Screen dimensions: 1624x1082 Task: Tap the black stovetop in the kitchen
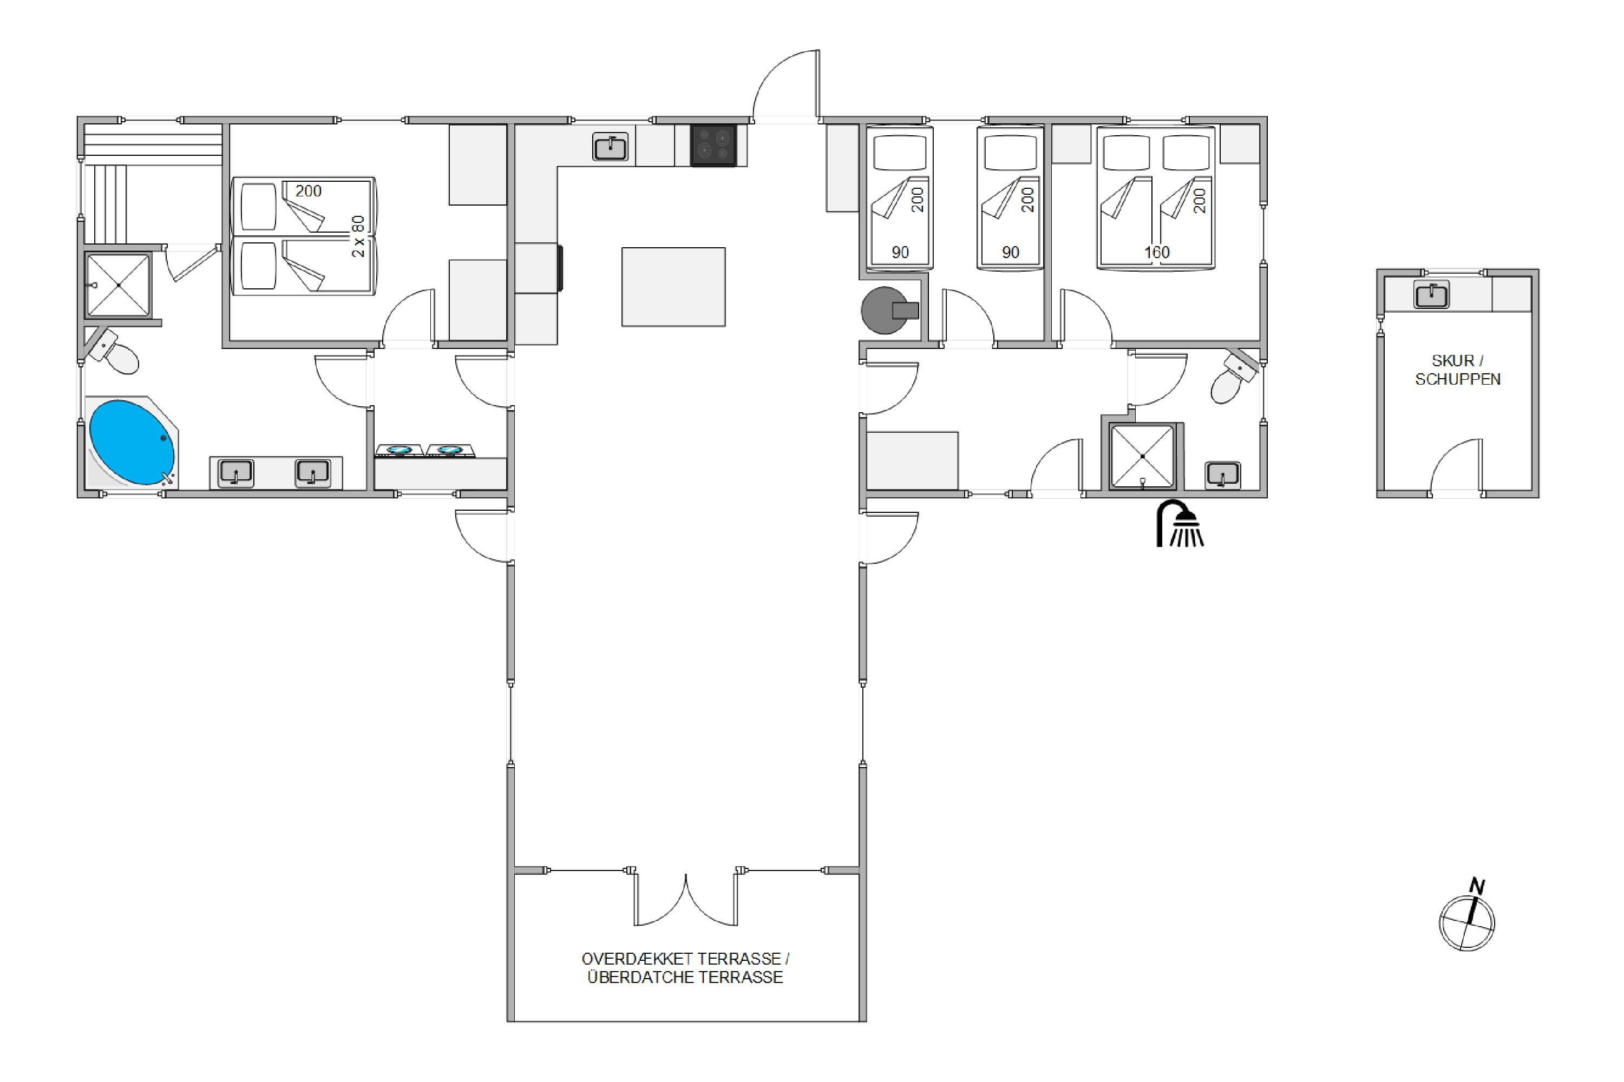point(714,146)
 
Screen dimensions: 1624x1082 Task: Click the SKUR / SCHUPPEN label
point(1458,370)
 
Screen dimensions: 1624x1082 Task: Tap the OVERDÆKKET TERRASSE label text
point(681,959)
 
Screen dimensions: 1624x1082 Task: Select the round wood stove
point(889,311)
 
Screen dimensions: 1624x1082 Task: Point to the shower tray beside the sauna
point(118,285)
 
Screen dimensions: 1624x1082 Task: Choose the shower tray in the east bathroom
point(1142,457)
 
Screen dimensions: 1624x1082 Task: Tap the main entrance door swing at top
point(786,86)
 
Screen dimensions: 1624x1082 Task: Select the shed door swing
point(1456,467)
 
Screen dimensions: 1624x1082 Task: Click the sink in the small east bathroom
point(1223,476)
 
